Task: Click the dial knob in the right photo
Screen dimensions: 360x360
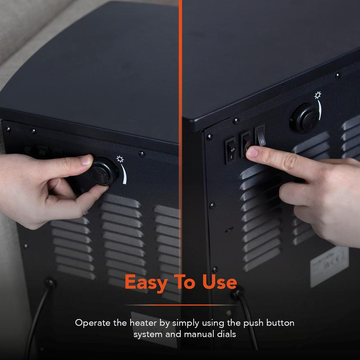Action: (x=305, y=118)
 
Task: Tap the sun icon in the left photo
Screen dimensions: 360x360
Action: (x=120, y=159)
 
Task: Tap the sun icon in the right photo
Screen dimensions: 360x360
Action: (x=318, y=95)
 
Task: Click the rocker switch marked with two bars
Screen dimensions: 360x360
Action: (x=261, y=136)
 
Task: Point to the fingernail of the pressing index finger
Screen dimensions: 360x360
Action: (x=252, y=153)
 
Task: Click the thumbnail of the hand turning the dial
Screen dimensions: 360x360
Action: (x=86, y=160)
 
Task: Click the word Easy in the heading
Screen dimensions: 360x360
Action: (x=146, y=282)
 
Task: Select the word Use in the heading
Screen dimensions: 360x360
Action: (x=219, y=281)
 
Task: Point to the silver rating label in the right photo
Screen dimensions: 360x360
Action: (x=330, y=267)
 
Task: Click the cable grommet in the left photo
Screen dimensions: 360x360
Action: (x=50, y=283)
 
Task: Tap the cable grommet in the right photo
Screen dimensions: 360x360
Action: (x=237, y=293)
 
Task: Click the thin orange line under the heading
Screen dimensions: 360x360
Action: (x=181, y=305)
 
